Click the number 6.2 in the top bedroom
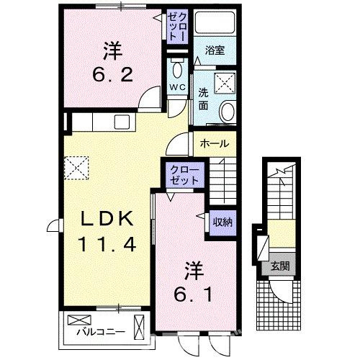[112, 74]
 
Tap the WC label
[176, 87]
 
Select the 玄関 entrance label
[279, 266]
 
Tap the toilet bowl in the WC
[177, 70]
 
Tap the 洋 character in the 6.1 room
[193, 271]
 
